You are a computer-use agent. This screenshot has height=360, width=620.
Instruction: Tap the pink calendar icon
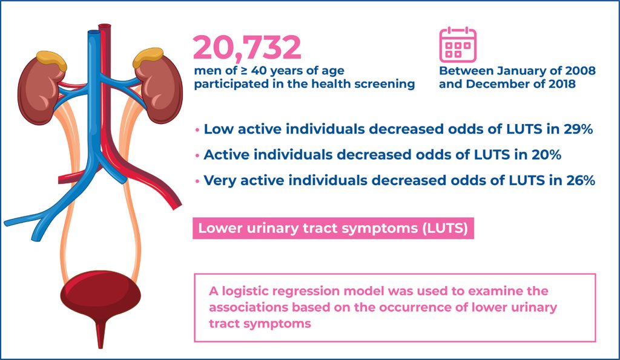pyautogui.click(x=458, y=44)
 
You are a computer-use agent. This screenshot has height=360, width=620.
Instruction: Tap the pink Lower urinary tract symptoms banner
pyautogui.click(x=333, y=229)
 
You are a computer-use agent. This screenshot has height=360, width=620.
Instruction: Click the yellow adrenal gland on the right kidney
pyautogui.click(x=148, y=57)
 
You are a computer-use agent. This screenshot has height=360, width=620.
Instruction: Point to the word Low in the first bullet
pyautogui.click(x=217, y=129)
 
